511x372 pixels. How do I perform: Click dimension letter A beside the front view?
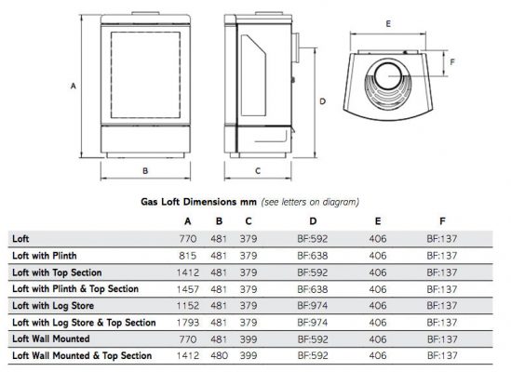tap(74, 86)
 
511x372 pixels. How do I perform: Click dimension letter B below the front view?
tap(145, 171)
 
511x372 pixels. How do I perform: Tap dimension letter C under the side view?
tap(258, 171)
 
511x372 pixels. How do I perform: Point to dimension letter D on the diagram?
tap(322, 101)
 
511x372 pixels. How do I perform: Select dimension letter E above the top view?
tap(388, 24)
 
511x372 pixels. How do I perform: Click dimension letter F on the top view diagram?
tap(452, 62)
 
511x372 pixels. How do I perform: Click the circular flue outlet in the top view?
tap(388, 76)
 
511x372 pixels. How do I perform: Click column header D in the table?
tap(313, 221)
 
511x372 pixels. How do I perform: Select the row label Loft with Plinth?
tap(45, 256)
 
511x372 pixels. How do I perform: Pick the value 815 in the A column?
tap(187, 256)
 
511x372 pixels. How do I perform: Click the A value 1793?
tap(188, 323)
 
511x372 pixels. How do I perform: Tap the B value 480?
tap(219, 355)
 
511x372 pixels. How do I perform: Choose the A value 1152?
tap(188, 306)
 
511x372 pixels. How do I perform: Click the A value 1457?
tap(188, 289)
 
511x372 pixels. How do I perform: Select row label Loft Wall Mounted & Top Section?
tap(82, 355)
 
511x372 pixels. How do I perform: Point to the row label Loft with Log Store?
tap(53, 306)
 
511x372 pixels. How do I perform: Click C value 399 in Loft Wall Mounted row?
tap(249, 339)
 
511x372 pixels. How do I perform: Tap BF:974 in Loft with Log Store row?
tap(312, 306)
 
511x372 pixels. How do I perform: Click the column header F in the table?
tap(442, 221)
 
